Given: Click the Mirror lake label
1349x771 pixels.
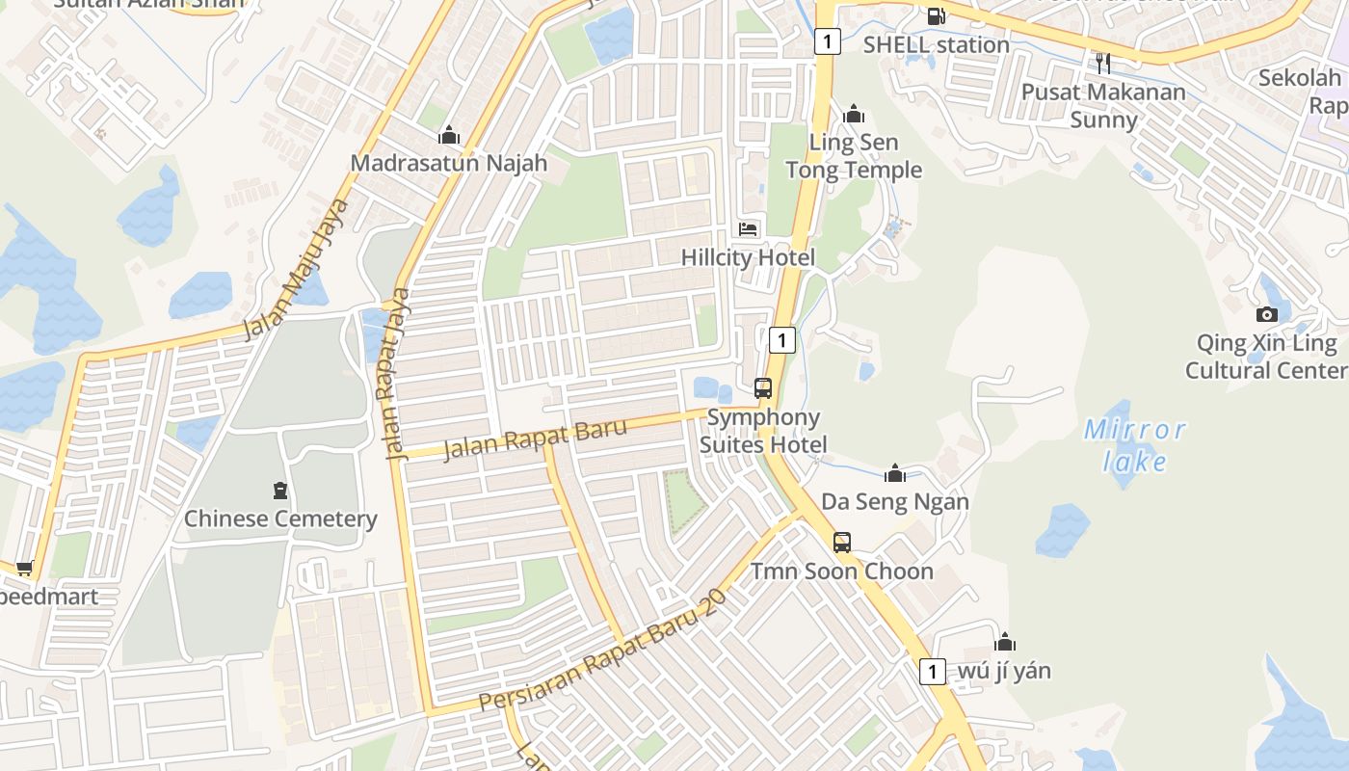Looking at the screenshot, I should tap(1134, 445).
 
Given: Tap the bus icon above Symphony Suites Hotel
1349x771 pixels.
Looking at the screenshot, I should tap(763, 388).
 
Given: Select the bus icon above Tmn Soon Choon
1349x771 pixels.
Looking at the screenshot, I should tap(842, 543).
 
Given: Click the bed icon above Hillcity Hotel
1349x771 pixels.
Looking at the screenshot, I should tap(749, 229).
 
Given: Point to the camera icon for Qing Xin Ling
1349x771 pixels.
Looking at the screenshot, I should tap(1267, 314).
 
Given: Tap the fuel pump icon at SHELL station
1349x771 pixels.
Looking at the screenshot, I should tap(936, 15).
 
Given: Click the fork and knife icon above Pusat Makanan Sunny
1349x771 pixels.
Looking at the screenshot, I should tap(1103, 63).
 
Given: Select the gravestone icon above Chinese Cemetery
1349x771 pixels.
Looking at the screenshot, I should tap(280, 491).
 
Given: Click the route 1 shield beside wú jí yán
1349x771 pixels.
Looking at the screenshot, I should tap(932, 671).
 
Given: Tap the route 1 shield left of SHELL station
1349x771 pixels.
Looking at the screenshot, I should tap(827, 41).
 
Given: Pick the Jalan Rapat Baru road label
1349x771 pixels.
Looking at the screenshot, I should tap(535, 439).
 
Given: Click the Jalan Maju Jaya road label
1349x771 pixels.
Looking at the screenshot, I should tap(295, 269).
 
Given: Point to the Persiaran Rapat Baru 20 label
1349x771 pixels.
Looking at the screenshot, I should tap(602, 651).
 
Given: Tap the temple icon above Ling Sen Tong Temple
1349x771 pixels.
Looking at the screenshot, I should tap(854, 115).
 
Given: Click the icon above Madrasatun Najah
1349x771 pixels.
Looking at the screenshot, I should tap(449, 135).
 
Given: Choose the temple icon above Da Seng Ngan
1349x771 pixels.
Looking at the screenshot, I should tap(895, 473).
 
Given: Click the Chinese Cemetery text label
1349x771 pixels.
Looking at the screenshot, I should tap(280, 518).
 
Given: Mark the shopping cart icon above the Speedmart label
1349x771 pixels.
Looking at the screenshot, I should tap(24, 568).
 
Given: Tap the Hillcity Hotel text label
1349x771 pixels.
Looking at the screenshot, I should tap(748, 257).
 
